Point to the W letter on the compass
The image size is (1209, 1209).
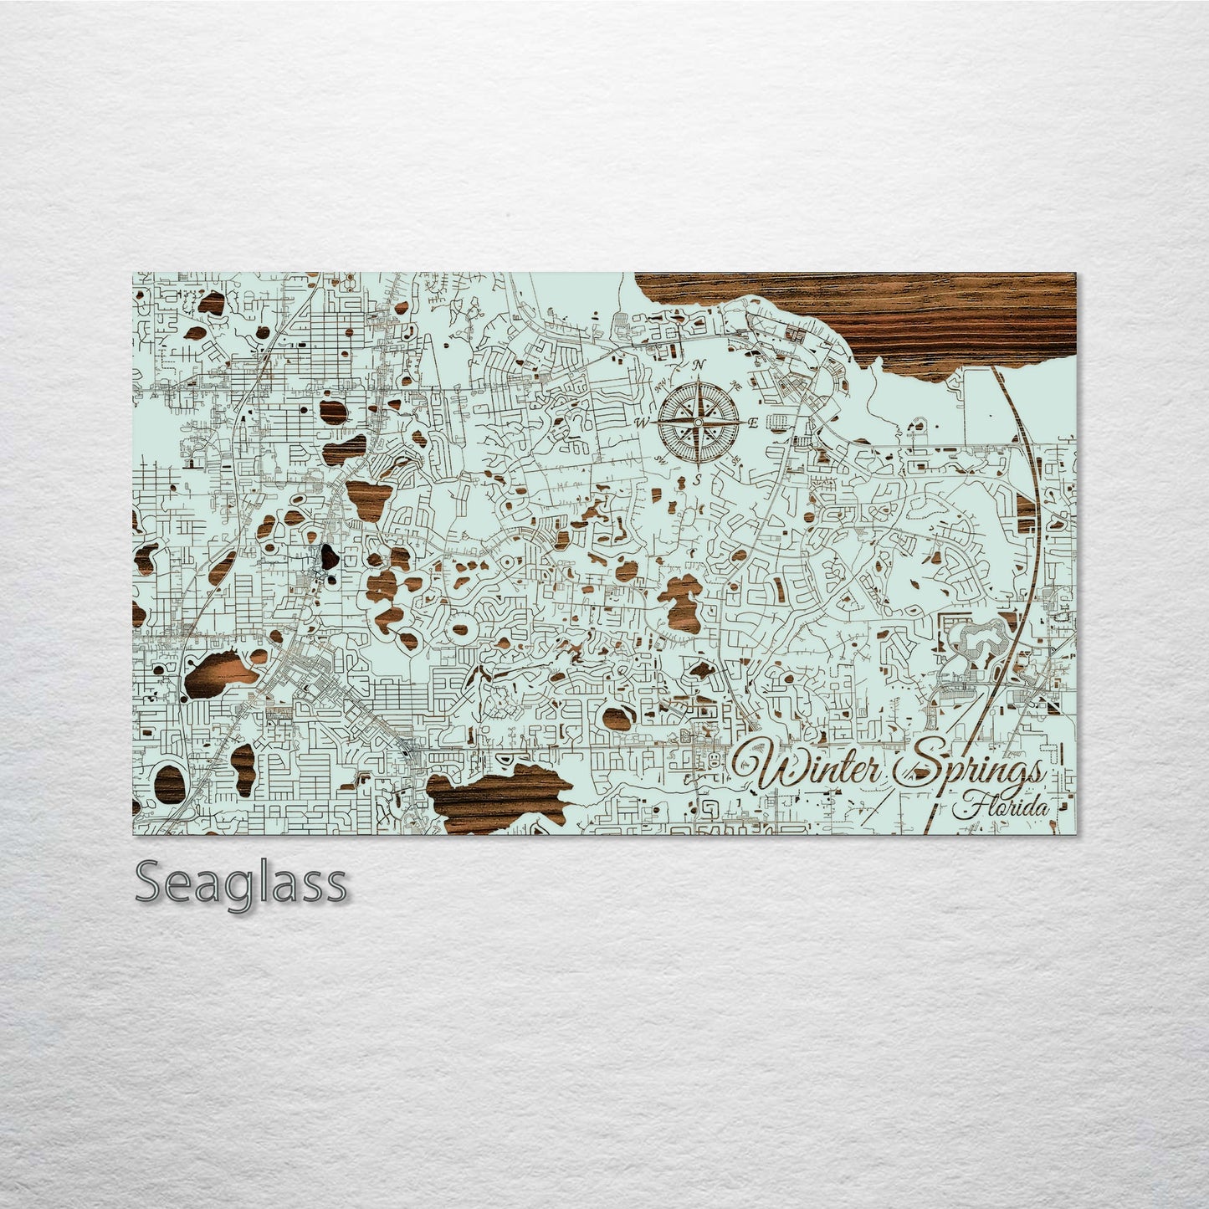[643, 423]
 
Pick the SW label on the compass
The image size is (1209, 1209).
[661, 460]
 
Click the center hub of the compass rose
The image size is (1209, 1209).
[697, 423]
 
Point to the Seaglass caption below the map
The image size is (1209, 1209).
[241, 882]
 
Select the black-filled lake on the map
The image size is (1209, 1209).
[325, 558]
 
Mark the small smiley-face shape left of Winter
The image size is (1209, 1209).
[714, 760]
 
